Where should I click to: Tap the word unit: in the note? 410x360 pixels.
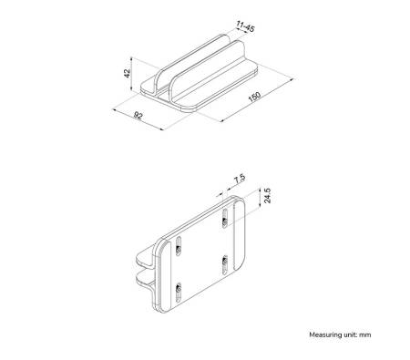[x=352, y=334]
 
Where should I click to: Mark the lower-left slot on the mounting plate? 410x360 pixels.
[x=179, y=291]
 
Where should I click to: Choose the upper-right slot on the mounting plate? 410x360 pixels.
[x=223, y=219]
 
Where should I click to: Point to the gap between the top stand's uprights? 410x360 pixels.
[x=164, y=87]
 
